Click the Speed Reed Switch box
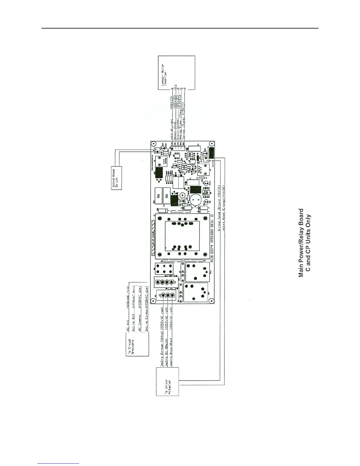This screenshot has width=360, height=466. (x=116, y=178)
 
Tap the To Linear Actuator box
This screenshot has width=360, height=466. (x=167, y=382)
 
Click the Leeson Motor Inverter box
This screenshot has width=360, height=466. (x=176, y=72)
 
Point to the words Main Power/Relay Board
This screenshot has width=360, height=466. (x=301, y=243)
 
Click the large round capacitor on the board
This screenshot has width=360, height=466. (x=195, y=200)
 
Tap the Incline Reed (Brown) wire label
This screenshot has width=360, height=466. (x=219, y=209)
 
